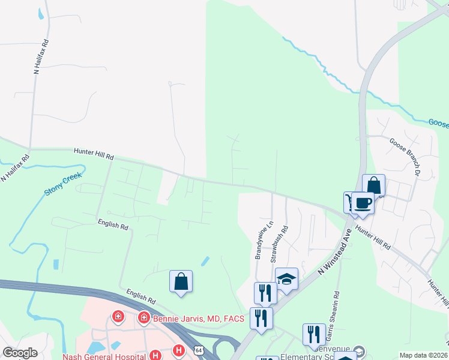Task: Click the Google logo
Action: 20,353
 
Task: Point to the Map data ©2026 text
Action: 424,355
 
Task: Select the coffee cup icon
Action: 363,203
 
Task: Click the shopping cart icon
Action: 350,202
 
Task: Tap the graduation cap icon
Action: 286,279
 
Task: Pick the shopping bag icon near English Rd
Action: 181,281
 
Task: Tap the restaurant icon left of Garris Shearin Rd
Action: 314,334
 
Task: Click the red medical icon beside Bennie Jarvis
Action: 143,317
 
